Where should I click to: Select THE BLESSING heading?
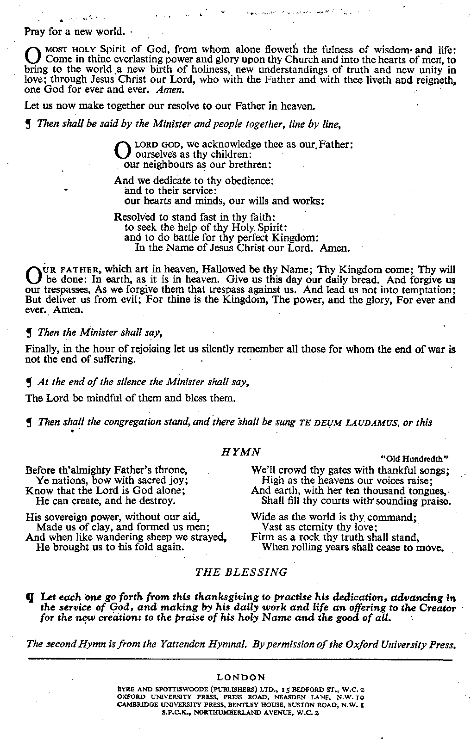point(241,572)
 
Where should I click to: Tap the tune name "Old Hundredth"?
point(415,459)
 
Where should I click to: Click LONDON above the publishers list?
point(241,678)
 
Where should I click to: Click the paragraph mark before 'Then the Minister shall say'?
point(29,333)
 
